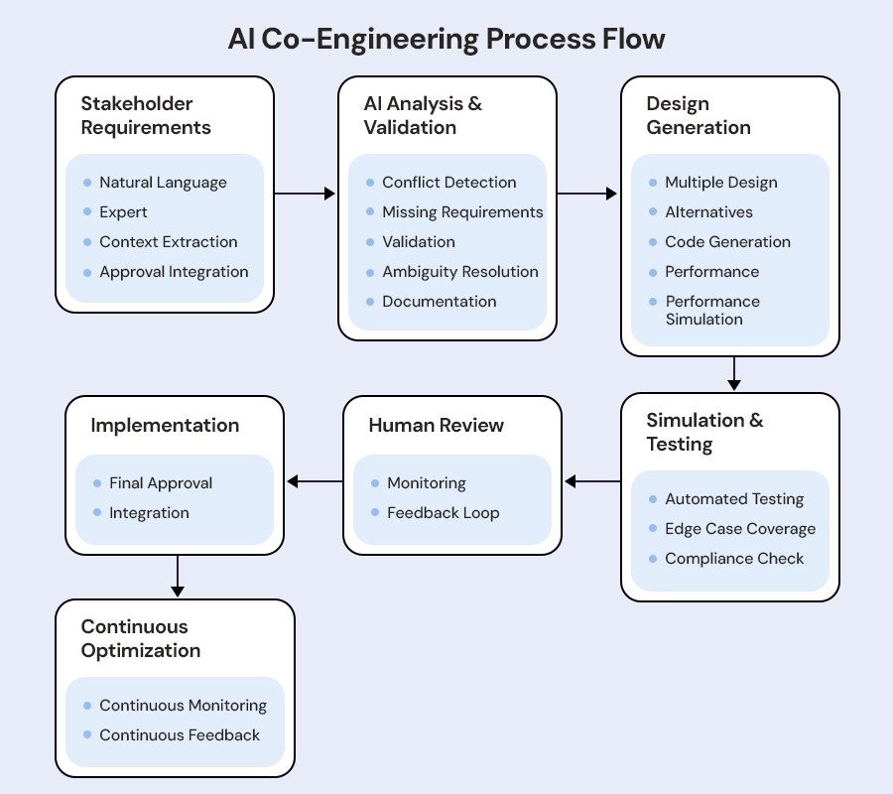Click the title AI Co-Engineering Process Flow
(446, 39)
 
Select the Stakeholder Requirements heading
(146, 115)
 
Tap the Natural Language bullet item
(163, 183)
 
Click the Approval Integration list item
(174, 272)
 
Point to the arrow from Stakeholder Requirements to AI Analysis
(305, 194)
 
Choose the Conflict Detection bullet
(448, 183)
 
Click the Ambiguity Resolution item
(459, 272)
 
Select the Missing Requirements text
(462, 212)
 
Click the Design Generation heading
(699, 115)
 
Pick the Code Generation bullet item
(727, 242)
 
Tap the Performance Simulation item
(711, 310)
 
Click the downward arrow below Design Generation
(733, 373)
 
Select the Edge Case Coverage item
(740, 529)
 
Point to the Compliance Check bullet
(734, 559)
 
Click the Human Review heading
(436, 425)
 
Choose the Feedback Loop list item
(443, 513)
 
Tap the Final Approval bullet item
(161, 483)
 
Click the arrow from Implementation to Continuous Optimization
(178, 576)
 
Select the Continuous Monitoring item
(183, 706)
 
